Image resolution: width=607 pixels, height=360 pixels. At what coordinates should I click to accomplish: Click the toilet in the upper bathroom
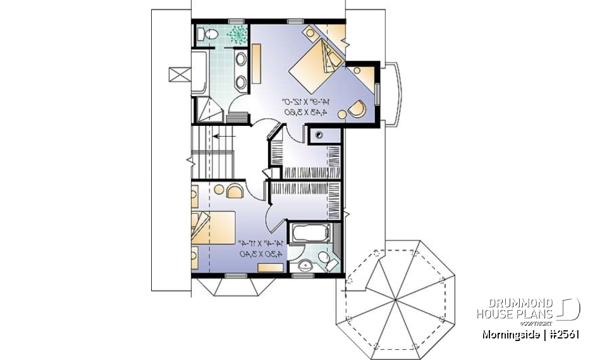pyautogui.click(x=202, y=34)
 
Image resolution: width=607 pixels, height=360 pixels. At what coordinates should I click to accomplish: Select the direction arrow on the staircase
pyautogui.click(x=224, y=135)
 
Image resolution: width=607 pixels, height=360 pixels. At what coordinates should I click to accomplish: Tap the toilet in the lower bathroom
pyautogui.click(x=326, y=259)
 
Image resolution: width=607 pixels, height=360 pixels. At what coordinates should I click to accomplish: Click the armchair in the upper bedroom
pyautogui.click(x=356, y=108)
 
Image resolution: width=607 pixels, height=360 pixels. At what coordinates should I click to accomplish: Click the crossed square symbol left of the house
pyautogui.click(x=179, y=75)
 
